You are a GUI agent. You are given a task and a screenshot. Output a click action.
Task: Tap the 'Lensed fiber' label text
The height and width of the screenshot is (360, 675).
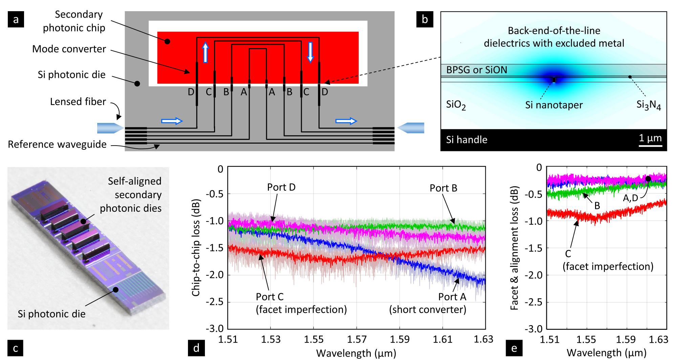pyautogui.click(x=78, y=102)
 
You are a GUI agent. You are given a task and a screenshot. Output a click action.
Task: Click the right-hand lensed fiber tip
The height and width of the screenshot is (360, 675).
pyautogui.click(x=411, y=128)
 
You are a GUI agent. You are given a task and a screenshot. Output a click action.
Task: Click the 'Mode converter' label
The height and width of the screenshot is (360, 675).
pyautogui.click(x=69, y=49)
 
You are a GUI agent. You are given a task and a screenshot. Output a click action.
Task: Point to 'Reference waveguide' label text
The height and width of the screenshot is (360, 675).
pyautogui.click(x=57, y=145)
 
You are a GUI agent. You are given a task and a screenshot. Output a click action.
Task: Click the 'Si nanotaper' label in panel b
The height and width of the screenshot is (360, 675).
pyautogui.click(x=554, y=105)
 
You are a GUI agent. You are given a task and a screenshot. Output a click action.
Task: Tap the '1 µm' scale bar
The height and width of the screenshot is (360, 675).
pyautogui.click(x=650, y=146)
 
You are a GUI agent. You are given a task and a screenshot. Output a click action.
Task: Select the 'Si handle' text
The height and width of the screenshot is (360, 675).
pyautogui.click(x=466, y=140)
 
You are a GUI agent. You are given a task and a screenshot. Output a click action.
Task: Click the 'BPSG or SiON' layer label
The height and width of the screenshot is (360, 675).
pyautogui.click(x=477, y=70)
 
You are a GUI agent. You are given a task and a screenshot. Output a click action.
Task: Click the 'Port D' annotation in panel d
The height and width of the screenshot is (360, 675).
pyautogui.click(x=281, y=187)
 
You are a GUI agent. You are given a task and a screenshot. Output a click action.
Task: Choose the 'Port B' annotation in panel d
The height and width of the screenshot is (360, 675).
pyautogui.click(x=443, y=188)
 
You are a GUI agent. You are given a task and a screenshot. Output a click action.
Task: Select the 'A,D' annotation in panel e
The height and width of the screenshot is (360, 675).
pyautogui.click(x=630, y=198)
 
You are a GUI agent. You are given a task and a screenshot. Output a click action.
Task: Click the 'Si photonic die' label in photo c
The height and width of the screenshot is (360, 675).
pyautogui.click(x=51, y=314)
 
